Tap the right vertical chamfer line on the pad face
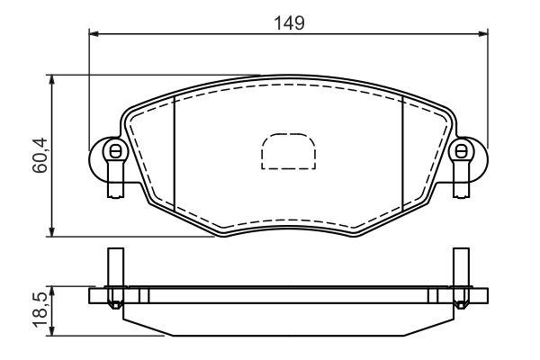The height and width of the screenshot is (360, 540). (402, 153)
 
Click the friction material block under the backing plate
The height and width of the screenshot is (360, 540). (287, 319)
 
